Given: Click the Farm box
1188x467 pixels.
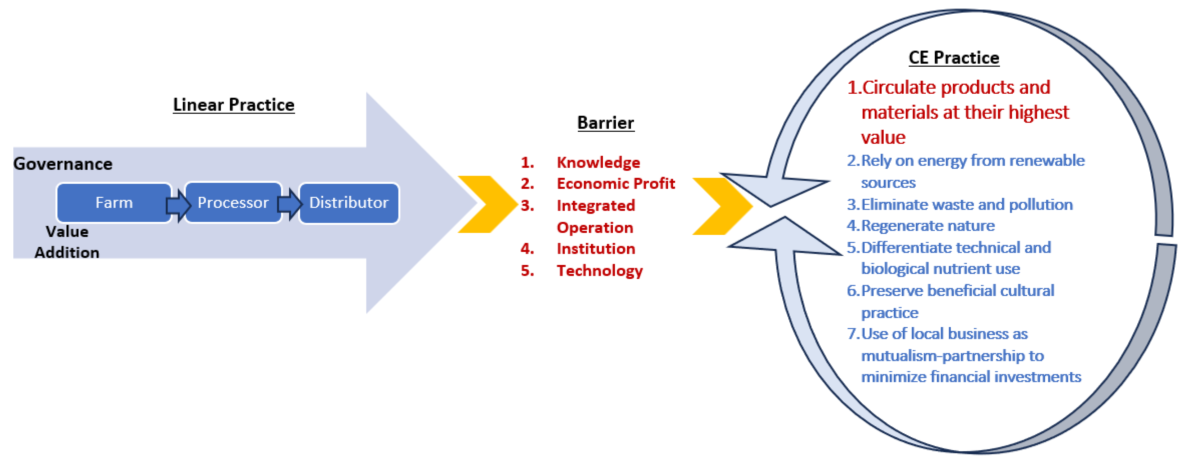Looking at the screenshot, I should (114, 203).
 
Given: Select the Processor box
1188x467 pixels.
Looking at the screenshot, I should (233, 203).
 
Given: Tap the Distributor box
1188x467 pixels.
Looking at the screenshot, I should (349, 203).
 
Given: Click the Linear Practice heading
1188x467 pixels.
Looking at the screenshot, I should (233, 105).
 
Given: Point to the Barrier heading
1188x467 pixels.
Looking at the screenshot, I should (606, 123).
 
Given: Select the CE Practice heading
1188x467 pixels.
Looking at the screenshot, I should (954, 58).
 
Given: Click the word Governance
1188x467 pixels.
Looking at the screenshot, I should (63, 164).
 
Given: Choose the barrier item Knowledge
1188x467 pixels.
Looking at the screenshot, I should (598, 163).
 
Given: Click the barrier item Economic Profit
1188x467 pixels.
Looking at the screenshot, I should (616, 184).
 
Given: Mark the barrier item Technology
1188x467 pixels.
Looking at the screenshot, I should (600, 271).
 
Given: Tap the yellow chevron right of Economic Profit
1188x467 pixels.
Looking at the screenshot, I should (722, 206).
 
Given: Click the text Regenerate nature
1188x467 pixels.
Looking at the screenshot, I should (928, 226).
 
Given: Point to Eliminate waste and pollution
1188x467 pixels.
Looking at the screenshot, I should (967, 204).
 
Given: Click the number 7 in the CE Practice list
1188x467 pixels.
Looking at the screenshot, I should (851, 334).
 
